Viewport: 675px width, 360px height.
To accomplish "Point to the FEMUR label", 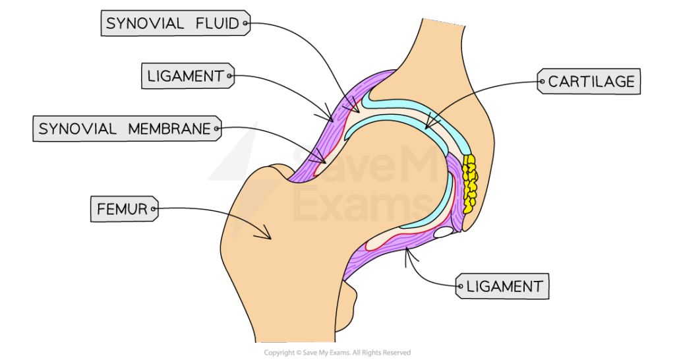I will pyautogui.click(x=123, y=210).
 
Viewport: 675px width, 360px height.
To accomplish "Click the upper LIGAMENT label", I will pyautogui.click(x=186, y=76).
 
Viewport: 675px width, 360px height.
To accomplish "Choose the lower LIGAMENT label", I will pyautogui.click(x=503, y=287).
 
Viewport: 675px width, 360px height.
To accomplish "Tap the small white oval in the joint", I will pyautogui.click(x=442, y=232).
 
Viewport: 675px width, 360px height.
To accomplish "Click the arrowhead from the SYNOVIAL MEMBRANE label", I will pyautogui.click(x=322, y=158).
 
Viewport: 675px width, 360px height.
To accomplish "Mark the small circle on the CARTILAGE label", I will pyautogui.click(x=543, y=82).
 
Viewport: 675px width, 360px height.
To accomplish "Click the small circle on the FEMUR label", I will pyautogui.click(x=154, y=211).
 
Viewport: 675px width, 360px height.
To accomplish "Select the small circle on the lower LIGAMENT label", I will pyautogui.click(x=459, y=287).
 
